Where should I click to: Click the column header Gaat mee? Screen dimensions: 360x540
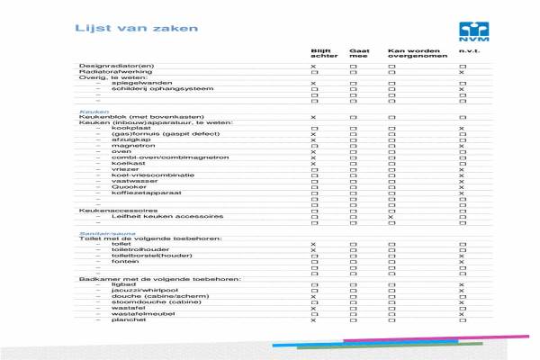[359, 54]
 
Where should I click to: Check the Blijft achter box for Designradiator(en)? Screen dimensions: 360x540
[313, 67]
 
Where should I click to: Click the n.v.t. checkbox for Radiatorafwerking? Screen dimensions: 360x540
[462, 72]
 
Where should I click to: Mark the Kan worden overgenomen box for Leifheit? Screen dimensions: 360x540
[391, 217]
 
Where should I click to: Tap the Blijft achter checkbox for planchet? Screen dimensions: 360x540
[313, 319]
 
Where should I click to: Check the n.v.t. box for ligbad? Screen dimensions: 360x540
[462, 284]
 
